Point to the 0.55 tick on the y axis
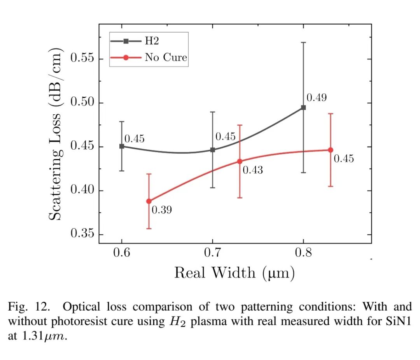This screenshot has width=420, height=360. coord(82,59)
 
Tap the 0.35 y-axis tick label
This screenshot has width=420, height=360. coord(82,235)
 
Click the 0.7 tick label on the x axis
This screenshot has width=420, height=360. coord(212,253)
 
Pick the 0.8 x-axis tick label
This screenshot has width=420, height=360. coord(303,253)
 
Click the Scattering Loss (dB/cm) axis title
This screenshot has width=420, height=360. coord(56,134)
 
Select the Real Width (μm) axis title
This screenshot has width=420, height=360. coord(234,273)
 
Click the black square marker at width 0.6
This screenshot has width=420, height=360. coord(122,146)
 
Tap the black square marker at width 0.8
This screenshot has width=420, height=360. coord(303,107)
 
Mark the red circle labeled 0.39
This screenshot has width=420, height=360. coord(149,201)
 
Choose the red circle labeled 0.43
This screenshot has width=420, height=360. coord(240,161)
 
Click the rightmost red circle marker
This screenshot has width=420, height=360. coord(331,150)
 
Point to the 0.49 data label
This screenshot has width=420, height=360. coord(317,98)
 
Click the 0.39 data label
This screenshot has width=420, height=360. coord(162,210)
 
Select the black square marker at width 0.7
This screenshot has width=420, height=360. coord(212,150)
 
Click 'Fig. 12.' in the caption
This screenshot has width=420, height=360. coord(29,307)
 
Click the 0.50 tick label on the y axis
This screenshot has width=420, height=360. coord(82,103)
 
